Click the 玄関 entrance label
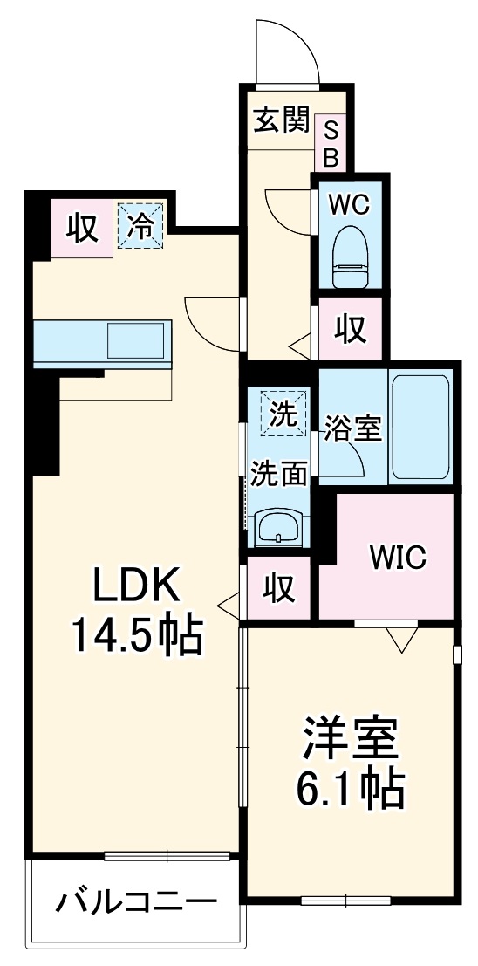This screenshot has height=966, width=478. (x=282, y=120)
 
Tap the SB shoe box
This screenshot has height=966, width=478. (x=331, y=143)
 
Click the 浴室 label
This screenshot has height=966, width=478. (x=352, y=429)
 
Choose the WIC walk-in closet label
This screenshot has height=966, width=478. (x=397, y=557)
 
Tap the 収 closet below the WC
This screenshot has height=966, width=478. (x=350, y=328)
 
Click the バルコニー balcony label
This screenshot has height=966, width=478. (x=135, y=901)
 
